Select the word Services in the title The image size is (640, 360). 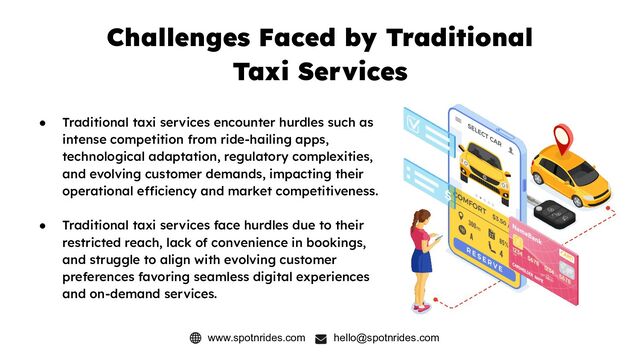[x=356, y=73]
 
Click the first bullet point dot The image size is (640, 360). [x=43, y=122]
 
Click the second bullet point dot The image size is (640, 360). [x=43, y=226]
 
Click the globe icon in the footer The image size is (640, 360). [x=195, y=338]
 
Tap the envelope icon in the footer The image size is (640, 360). [x=321, y=338]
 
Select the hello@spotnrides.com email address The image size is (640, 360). [x=386, y=338]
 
